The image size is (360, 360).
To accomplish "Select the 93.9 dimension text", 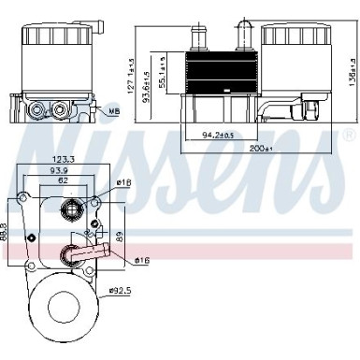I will [62, 172].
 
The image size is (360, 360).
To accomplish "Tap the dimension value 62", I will [62, 182].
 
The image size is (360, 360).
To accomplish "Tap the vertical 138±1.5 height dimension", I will [353, 71].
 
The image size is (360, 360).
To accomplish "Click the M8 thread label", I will [113, 113].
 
